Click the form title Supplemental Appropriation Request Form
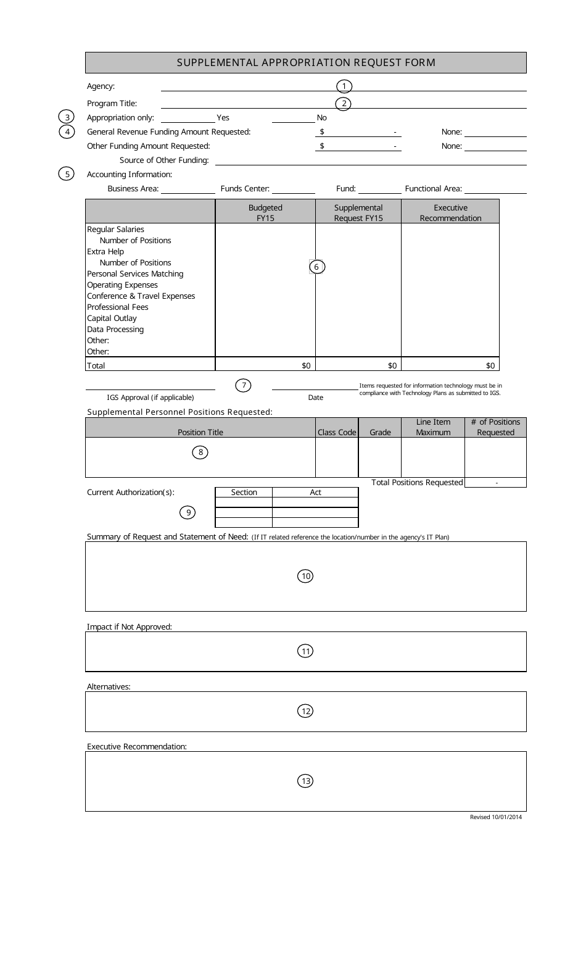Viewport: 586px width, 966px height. tap(306, 62)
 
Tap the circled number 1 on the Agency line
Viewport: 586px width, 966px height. tap(344, 86)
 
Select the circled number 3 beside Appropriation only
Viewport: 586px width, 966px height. tap(67, 117)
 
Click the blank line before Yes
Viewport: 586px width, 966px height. tap(188, 118)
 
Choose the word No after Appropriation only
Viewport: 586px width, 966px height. tap(321, 118)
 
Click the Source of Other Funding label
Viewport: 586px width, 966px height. tap(164, 160)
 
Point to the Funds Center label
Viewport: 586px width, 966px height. tap(245, 189)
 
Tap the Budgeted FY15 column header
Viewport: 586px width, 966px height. tap(265, 213)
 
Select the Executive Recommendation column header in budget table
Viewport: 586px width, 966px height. tap(450, 213)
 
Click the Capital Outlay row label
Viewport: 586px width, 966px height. tap(112, 319)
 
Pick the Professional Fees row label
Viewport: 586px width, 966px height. tap(117, 307)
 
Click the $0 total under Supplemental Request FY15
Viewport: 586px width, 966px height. tap(392, 365)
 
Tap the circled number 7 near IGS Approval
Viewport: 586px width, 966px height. tap(244, 386)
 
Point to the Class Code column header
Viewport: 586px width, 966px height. tap(337, 433)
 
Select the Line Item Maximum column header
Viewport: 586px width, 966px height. tap(433, 427)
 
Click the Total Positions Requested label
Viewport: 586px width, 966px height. tap(417, 483)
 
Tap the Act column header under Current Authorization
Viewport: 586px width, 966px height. tap(315, 493)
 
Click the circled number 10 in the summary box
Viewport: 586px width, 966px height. tap(305, 577)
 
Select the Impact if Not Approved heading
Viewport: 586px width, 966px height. tap(130, 627)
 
